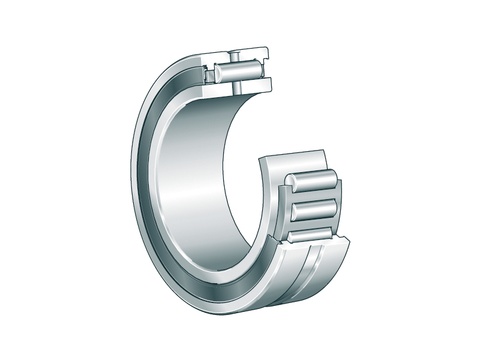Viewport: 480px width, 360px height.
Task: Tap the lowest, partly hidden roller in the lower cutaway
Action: coord(309,236)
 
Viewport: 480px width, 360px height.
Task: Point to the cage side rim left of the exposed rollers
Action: coord(282,204)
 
